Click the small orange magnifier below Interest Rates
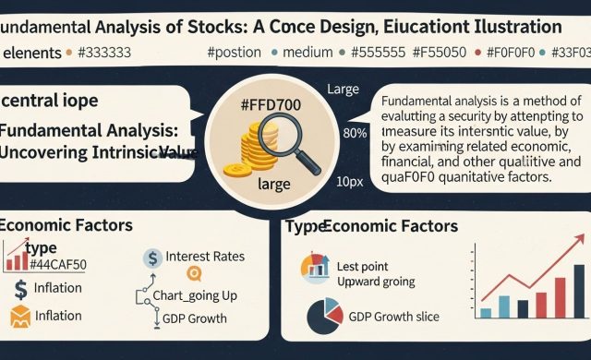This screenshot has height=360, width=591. [x=194, y=272]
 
